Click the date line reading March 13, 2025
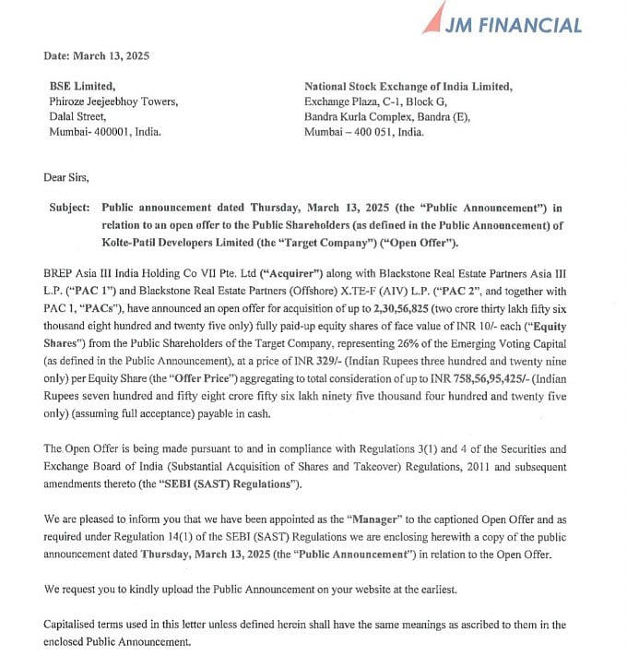click(x=97, y=55)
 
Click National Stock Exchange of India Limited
click(x=408, y=87)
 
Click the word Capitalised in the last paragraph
click(x=72, y=625)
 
